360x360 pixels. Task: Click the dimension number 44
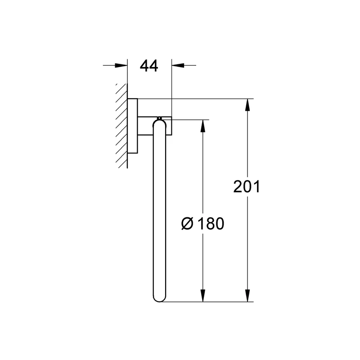pos(149,66)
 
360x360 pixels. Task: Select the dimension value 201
pos(247,186)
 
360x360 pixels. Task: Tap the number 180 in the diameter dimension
pos(211,224)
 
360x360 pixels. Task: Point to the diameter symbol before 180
pos(187,224)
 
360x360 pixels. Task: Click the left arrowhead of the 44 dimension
pos(121,65)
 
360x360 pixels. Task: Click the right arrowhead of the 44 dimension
pos(178,65)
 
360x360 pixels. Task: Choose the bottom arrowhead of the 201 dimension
pos(247,296)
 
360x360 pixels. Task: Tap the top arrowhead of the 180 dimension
pos(203,126)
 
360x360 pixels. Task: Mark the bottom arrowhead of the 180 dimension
pos(203,296)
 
